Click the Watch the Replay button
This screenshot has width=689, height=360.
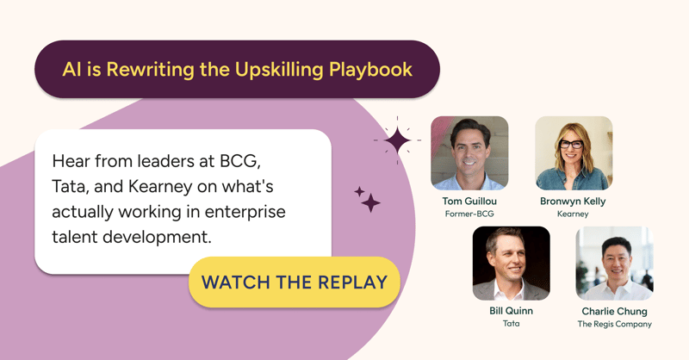(x=295, y=282)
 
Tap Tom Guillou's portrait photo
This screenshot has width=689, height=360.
(x=469, y=152)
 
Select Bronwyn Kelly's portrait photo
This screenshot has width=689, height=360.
(x=573, y=152)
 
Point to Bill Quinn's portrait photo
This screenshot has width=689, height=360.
(x=511, y=264)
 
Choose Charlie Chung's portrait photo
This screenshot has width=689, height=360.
(x=614, y=264)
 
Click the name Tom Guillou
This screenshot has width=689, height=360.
(x=469, y=202)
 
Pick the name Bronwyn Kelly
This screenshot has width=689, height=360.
(x=573, y=202)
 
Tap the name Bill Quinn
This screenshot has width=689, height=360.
(x=511, y=311)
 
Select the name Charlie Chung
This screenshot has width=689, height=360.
(x=614, y=311)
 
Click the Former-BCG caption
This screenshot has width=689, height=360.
(x=469, y=214)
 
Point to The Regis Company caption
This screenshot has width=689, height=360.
(x=614, y=325)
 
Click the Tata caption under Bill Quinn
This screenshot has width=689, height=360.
(x=511, y=325)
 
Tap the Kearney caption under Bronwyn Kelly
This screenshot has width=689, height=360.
(x=573, y=214)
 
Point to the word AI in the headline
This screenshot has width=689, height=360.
(x=71, y=70)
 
